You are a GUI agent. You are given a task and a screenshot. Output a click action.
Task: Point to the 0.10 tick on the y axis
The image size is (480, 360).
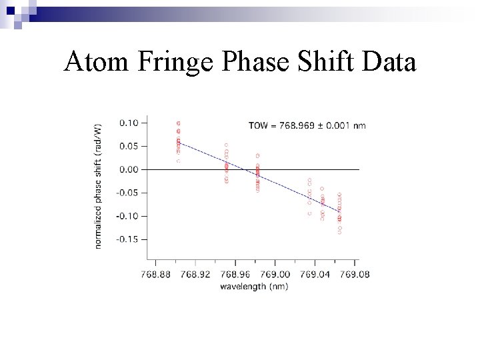tap(129, 123)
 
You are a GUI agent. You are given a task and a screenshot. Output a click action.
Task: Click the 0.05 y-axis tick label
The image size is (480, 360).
tap(129, 146)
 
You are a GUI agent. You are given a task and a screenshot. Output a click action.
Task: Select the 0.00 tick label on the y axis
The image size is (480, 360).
tap(129, 169)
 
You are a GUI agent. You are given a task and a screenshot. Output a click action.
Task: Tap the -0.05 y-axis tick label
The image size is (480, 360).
tap(127, 193)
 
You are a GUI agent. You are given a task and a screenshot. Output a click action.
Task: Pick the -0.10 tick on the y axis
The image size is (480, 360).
tap(127, 216)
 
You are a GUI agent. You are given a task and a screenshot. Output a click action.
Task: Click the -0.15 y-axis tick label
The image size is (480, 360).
tap(127, 239)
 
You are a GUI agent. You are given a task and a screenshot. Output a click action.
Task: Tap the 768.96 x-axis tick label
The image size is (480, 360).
tap(235, 274)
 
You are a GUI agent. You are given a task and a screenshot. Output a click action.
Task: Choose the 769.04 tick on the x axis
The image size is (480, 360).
tap(314, 274)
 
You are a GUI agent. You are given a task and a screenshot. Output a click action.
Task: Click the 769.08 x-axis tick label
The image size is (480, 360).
tap(353, 274)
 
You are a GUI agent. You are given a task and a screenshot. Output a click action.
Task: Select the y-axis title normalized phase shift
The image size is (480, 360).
tap(99, 186)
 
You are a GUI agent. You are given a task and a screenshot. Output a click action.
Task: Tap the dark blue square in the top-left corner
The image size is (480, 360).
tap(10, 11)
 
